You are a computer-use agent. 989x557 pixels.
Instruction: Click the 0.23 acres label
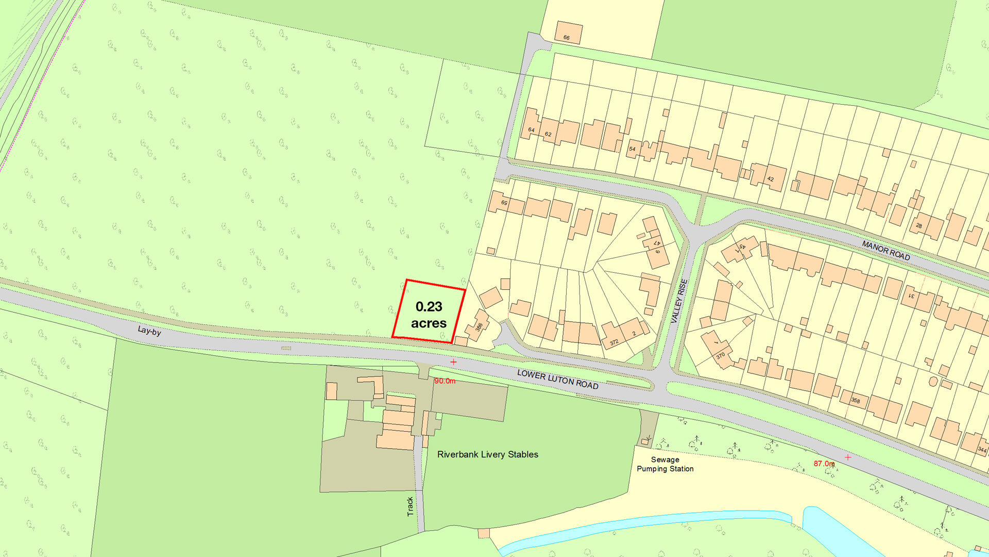(x=429, y=315)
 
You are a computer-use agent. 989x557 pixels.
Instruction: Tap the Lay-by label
(x=149, y=331)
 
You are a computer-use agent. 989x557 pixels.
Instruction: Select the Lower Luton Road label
(x=558, y=379)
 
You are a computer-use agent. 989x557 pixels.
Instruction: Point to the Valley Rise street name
(x=679, y=301)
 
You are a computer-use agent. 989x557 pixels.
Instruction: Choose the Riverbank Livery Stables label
(x=487, y=454)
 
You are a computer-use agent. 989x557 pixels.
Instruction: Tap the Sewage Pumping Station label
(x=665, y=464)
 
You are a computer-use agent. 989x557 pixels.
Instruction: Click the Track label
(x=410, y=506)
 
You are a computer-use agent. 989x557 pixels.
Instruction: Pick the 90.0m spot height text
(x=445, y=381)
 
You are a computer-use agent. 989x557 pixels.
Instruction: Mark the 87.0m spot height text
(x=824, y=464)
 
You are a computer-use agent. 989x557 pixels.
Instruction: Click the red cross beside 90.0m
(x=453, y=362)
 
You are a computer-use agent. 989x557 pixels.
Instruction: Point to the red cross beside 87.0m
(x=848, y=457)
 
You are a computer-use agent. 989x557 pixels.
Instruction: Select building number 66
(x=567, y=38)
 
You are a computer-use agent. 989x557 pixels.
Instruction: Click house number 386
(x=479, y=327)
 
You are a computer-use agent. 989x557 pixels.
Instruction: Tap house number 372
(x=614, y=342)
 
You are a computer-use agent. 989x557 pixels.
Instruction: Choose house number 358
(x=856, y=401)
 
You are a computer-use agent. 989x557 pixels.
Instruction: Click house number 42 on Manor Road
(x=771, y=179)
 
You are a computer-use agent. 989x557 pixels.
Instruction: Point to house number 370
(x=721, y=355)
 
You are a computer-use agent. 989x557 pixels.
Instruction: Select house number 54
(x=632, y=149)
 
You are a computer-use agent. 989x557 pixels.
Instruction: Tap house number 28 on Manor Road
(x=919, y=226)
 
